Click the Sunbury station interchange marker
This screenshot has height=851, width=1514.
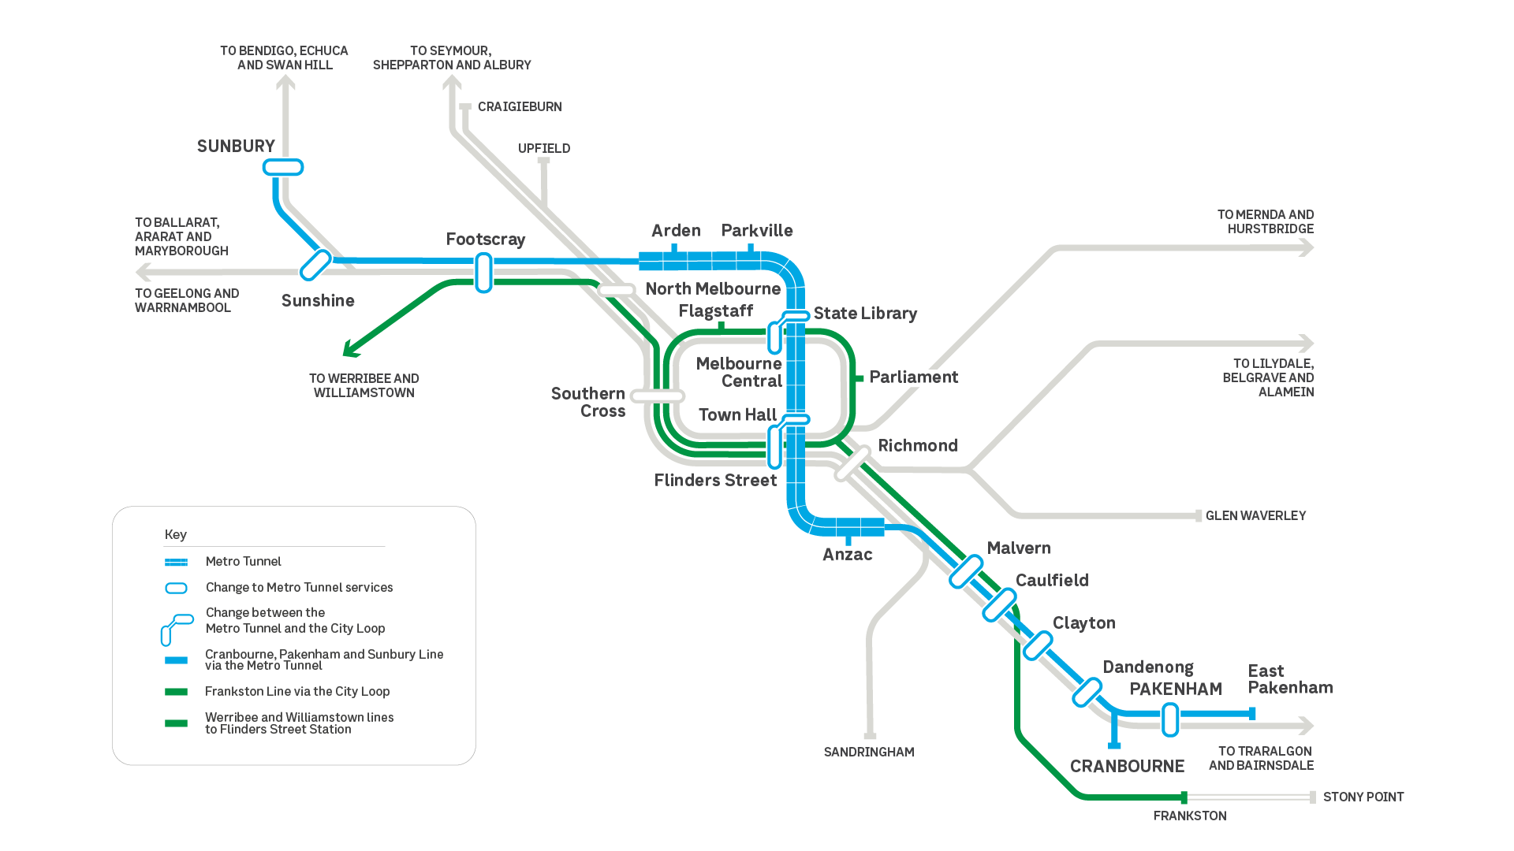pos(283,167)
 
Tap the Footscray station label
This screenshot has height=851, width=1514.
pos(485,240)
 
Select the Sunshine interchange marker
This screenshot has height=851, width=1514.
pos(315,265)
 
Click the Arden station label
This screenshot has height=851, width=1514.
pos(676,231)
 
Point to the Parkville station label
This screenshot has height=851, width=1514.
pos(756,231)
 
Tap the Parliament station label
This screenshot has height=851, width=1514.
pos(913,377)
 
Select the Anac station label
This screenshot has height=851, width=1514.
pos(847,555)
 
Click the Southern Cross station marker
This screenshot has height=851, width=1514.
pos(658,396)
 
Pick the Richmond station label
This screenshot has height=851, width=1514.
pos(917,446)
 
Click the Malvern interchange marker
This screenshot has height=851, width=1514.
pos(966,572)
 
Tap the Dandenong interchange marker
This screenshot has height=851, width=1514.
pos(1087,692)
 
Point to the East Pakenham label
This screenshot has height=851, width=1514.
pos(1289,679)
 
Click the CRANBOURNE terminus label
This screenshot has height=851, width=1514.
pos(1127,767)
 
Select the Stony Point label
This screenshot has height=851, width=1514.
pos(1363,797)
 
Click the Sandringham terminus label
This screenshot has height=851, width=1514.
pos(868,753)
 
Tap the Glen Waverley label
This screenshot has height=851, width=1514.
pos(1255,516)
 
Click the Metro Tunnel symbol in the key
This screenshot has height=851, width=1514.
pos(176,562)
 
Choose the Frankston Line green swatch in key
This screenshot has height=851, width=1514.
pos(176,692)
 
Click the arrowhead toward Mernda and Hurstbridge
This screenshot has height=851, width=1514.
pos(1306,248)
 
